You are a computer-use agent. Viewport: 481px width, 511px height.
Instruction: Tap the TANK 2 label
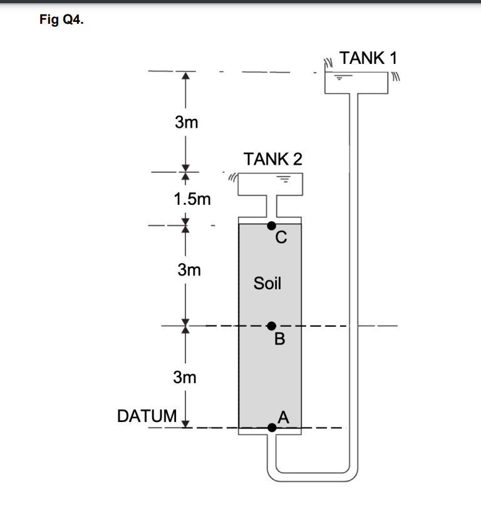[273, 158]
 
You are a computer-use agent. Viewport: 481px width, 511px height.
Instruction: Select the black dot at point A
[271, 428]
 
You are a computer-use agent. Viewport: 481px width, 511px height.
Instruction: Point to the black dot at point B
[271, 326]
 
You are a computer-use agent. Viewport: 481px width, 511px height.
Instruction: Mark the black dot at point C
[271, 225]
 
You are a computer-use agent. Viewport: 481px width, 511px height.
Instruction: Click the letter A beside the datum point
[284, 416]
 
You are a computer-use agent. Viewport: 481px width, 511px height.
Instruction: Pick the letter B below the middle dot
[279, 340]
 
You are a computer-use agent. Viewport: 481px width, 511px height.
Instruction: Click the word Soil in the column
[267, 283]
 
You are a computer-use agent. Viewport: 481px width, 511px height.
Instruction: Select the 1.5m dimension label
[192, 200]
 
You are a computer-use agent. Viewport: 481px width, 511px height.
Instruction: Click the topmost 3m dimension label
[186, 122]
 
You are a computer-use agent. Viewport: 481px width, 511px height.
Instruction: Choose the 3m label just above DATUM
[185, 378]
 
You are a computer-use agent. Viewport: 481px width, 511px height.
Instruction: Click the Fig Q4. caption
[60, 20]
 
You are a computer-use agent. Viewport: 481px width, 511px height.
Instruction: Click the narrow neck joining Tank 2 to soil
[271, 205]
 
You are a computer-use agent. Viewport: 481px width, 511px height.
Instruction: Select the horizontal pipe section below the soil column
[313, 469]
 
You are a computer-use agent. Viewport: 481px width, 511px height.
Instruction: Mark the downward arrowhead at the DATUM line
[185, 424]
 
